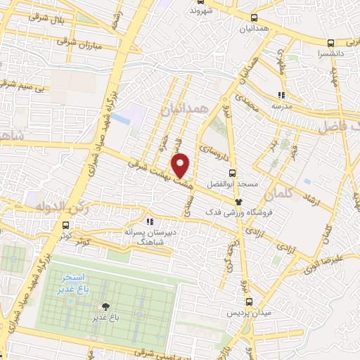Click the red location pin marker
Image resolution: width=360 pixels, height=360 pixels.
point(181,165)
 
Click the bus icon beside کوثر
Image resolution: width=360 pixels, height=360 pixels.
point(66,226)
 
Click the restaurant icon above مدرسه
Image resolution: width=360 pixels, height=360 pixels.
point(281,95)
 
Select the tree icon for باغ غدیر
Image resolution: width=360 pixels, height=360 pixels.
point(105,306)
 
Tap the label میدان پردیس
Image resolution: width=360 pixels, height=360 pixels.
point(231,314)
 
